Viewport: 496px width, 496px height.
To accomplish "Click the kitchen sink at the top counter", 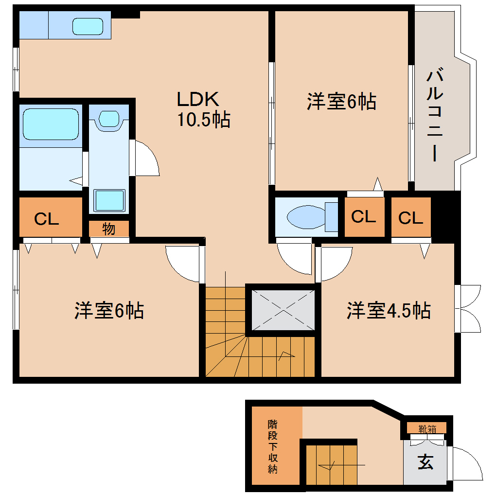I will point(88,26).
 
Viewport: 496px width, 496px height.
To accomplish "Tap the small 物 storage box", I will point(109,229).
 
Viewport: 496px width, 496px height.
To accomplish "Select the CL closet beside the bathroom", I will point(47,219).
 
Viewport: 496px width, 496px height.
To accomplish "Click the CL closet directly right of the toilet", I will point(364,217).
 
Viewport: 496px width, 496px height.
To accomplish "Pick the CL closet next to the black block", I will point(410,218).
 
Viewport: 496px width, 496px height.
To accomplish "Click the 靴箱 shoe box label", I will point(427,429).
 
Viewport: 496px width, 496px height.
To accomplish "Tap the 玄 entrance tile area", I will point(425,462).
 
